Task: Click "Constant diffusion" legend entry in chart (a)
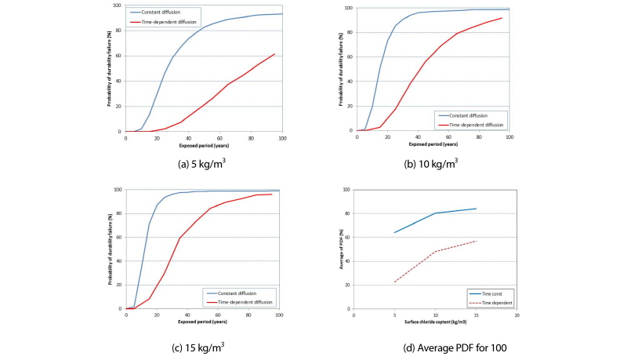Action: point(169,13)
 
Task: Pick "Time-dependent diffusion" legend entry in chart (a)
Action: point(173,20)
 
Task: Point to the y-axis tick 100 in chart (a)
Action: point(118,5)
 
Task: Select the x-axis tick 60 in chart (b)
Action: point(448,136)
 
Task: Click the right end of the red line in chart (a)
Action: point(274,54)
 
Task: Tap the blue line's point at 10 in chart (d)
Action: point(435,213)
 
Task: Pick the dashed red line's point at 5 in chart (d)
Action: point(394,282)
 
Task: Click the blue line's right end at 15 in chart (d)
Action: point(476,209)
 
